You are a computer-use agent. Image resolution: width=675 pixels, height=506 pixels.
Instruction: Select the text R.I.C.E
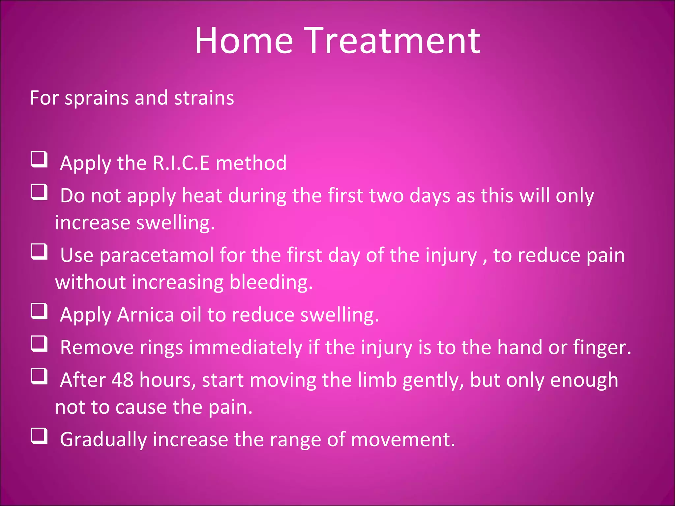[181, 163]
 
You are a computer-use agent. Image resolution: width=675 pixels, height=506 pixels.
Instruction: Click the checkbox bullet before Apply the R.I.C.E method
[39, 159]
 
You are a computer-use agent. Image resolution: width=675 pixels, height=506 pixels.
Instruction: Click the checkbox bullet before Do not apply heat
[39, 192]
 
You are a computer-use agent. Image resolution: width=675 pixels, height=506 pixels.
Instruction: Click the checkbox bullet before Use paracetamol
[39, 252]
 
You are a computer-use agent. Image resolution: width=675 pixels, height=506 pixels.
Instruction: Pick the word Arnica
[145, 315]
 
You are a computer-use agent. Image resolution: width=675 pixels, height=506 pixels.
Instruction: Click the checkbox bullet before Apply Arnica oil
[39, 311]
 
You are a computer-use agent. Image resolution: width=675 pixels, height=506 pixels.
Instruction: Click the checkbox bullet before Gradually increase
[39, 436]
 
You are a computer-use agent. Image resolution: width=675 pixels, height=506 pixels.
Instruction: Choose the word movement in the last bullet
[402, 440]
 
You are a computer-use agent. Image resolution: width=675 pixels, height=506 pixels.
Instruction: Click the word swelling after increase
[175, 223]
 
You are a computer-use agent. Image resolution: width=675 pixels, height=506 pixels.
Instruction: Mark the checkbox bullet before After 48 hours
[39, 377]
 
